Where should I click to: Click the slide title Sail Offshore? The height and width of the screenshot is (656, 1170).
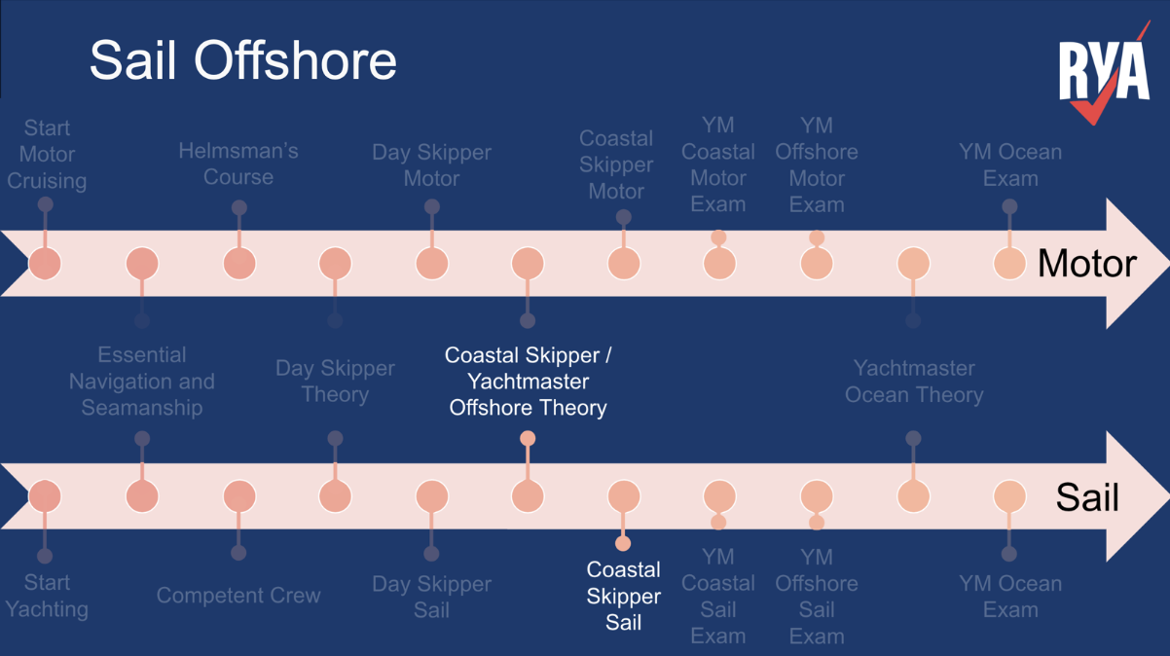(x=243, y=61)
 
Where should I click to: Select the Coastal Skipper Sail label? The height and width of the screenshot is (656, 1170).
(x=624, y=596)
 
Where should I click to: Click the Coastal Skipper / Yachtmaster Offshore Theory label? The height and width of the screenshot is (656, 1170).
(x=528, y=382)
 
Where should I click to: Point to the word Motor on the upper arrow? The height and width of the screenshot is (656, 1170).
(x=1086, y=263)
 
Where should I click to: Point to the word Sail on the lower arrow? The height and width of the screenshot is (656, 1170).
(x=1087, y=497)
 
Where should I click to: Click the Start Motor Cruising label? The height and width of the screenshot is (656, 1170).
(x=47, y=155)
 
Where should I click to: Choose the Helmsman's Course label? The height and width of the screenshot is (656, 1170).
(x=238, y=164)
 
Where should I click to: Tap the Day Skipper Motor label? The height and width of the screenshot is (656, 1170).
(x=431, y=165)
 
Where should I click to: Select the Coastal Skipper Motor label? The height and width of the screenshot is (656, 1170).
(x=616, y=165)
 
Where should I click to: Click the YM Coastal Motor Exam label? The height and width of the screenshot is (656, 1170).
(x=718, y=164)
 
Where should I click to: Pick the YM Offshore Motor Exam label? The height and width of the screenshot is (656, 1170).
(x=817, y=164)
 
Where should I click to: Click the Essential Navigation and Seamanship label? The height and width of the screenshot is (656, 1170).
(x=142, y=382)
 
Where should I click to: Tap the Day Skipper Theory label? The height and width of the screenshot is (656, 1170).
(x=335, y=382)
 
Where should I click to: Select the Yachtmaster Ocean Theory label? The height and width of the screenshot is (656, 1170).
(x=914, y=382)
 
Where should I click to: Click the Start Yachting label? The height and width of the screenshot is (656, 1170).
(x=47, y=596)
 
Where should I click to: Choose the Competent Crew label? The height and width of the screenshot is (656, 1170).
(x=238, y=596)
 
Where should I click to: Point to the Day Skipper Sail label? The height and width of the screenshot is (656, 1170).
(x=431, y=597)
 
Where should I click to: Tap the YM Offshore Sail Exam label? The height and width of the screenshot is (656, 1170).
(x=817, y=597)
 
